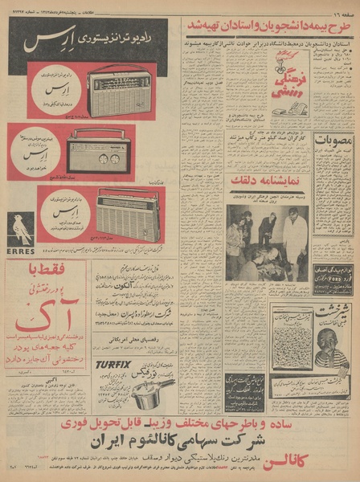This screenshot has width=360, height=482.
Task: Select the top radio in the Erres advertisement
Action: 119,89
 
